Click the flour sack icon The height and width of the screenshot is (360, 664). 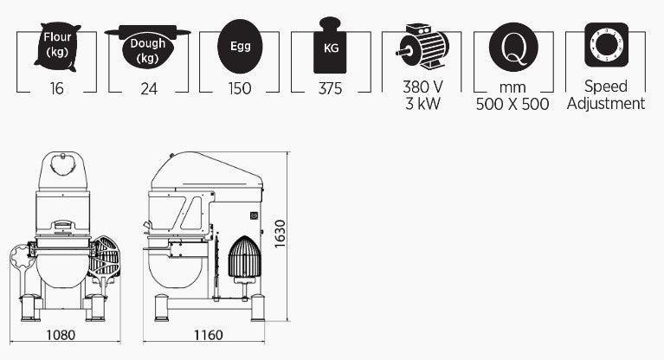click(x=57, y=46)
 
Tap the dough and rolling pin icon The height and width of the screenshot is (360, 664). click(x=147, y=47)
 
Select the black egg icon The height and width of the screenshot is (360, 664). click(x=240, y=47)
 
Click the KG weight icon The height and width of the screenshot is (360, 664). click(x=331, y=45)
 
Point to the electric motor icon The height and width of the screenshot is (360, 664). click(x=422, y=46)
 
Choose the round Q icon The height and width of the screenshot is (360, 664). click(x=513, y=47)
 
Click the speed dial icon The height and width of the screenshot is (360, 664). click(x=606, y=44)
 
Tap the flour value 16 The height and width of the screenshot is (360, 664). click(x=56, y=88)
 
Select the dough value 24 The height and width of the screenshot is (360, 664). click(x=149, y=88)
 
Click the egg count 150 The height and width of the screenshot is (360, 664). click(x=240, y=88)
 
